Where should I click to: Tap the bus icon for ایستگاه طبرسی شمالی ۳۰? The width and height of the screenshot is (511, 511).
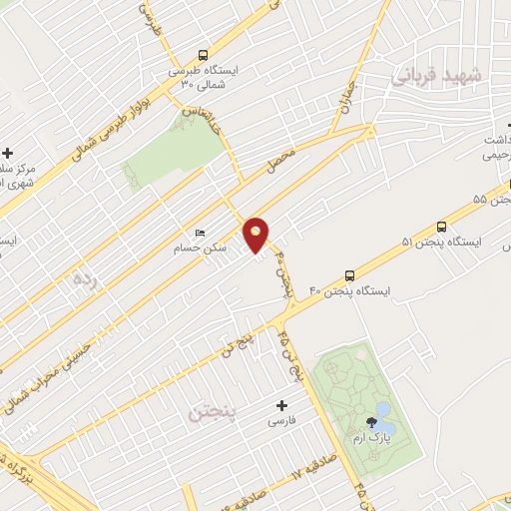point(204,56)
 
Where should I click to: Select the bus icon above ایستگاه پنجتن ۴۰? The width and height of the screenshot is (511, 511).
point(348,274)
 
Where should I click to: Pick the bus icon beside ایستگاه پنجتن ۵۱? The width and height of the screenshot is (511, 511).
point(441,226)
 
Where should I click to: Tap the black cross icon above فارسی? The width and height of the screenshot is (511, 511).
point(280,405)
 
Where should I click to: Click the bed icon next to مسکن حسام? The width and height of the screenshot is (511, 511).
point(201,233)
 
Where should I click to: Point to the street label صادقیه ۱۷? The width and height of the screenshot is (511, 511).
point(310,463)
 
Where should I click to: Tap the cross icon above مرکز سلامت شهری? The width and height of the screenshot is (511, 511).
point(9,153)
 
